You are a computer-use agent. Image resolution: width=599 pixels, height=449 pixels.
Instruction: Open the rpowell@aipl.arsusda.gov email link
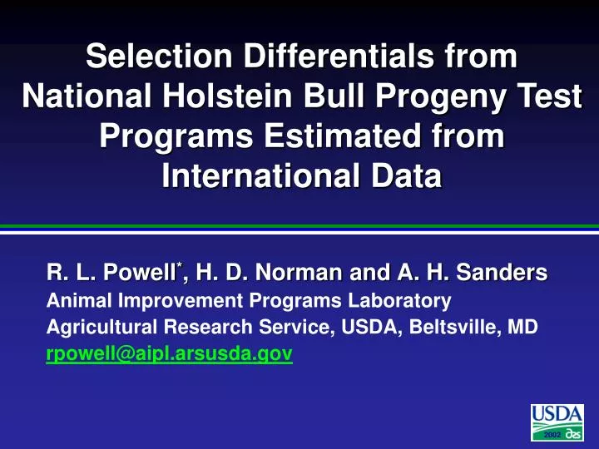pyautogui.click(x=169, y=355)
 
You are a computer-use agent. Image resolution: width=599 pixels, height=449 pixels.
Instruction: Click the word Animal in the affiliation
pyautogui.click(x=72, y=299)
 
